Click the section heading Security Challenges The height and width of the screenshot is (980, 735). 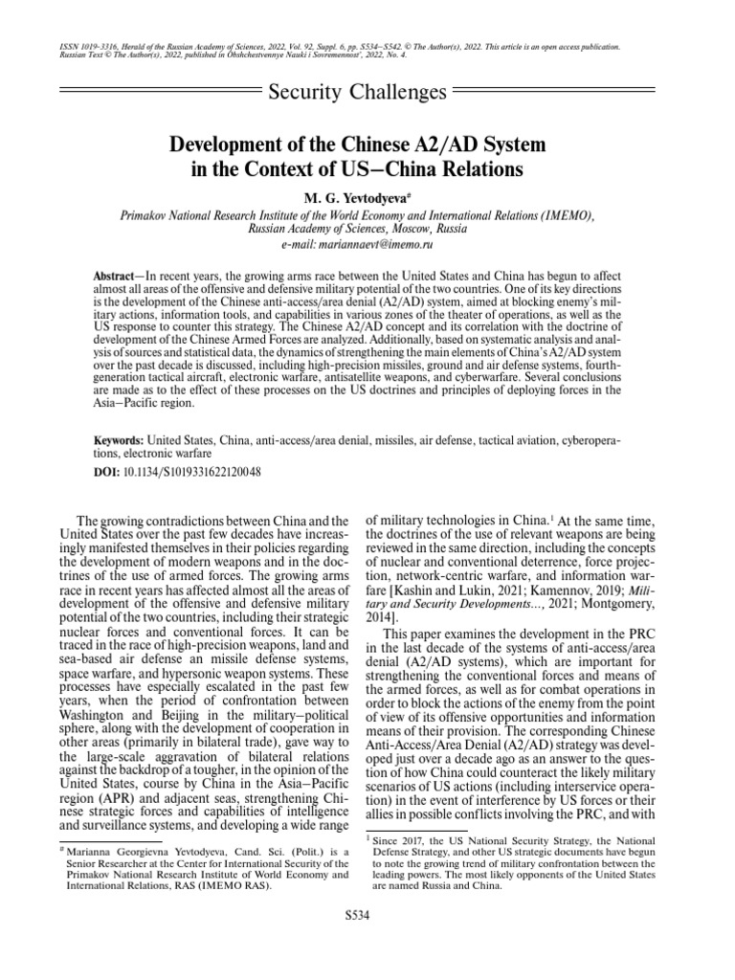pos(358,92)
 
